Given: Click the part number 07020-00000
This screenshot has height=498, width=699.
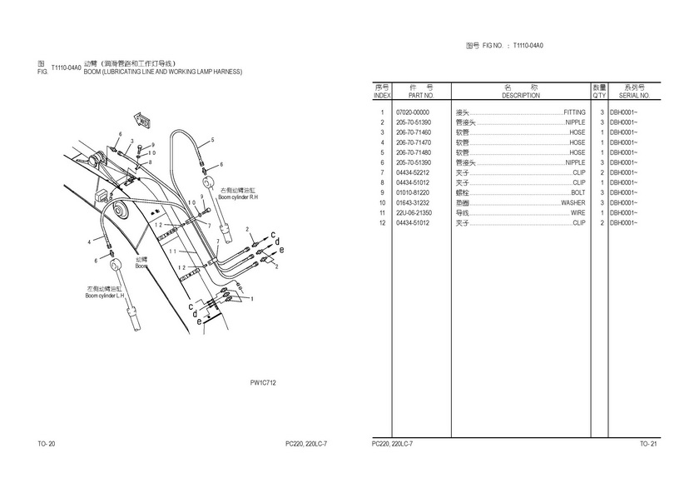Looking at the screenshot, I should pos(413,112).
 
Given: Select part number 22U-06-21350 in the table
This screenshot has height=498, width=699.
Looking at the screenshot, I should pos(414,212).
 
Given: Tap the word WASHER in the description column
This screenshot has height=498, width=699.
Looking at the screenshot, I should pos(573,202).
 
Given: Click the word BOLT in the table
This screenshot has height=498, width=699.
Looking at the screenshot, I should pos(578,192).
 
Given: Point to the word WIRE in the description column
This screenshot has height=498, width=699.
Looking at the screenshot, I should pos(578,212).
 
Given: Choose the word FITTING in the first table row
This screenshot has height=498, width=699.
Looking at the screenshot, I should pos(574,112).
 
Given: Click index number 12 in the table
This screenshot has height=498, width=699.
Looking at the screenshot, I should pos(382,222).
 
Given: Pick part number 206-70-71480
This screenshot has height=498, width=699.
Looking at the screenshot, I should pos(414,152).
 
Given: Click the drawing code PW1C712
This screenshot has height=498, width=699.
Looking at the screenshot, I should pos(263,382).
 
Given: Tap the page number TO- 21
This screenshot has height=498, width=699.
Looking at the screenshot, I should pos(648,444).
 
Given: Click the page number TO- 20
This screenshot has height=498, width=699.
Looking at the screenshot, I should pos(47,444).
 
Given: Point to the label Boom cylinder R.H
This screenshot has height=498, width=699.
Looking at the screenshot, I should pos(239,198).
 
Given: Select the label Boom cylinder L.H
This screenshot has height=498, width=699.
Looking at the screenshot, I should pos(105,296).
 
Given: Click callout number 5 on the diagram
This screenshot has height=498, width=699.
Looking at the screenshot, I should pos(212,140).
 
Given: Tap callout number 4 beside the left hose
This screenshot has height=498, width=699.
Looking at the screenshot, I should pos(89,242).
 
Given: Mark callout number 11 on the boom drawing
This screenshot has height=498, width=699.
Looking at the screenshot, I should pos(172,252).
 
